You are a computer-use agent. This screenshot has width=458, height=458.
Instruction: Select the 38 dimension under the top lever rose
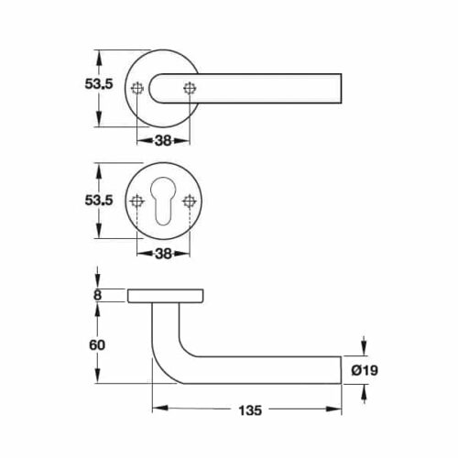[163, 142]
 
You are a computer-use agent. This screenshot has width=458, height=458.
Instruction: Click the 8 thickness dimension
[98, 294]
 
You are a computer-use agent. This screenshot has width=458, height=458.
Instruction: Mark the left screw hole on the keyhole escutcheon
[137, 202]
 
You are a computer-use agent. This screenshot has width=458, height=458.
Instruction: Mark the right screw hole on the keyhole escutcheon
[190, 202]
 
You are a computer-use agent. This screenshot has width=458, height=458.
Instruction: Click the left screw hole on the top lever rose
[137, 88]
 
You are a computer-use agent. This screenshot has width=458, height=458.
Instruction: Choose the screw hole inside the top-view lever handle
[190, 88]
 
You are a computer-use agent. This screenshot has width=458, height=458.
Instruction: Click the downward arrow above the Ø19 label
[364, 345]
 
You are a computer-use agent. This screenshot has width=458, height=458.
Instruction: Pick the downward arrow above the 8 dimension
[98, 278]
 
